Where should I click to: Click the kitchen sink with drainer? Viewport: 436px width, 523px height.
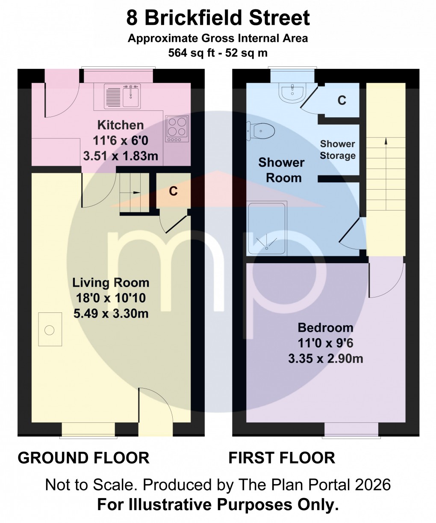tap(122, 95)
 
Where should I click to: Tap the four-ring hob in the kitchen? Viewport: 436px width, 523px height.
tap(177, 128)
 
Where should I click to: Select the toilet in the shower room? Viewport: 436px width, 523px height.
tap(260, 131)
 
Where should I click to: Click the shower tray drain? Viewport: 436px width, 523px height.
tap(267, 248)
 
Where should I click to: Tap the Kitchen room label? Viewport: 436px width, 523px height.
tap(121, 125)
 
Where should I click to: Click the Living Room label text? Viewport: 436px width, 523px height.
tap(111, 282)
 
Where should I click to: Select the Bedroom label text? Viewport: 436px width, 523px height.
tap(325, 328)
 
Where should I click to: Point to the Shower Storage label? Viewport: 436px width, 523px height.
tap(337, 149)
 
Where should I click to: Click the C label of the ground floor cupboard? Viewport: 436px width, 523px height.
tap(173, 191)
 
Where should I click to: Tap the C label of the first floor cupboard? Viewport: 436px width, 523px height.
tap(342, 101)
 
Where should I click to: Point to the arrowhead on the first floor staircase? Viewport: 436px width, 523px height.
tap(386, 141)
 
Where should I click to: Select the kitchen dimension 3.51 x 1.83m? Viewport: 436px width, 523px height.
tap(121, 156)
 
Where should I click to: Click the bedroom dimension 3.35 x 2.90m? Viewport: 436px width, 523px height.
tap(325, 358)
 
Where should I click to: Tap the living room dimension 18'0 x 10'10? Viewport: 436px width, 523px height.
tap(111, 298)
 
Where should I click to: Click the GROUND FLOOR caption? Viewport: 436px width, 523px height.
tap(83, 458)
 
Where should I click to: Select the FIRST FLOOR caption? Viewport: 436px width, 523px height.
tap(282, 458)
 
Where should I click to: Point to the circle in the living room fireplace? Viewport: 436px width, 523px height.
tap(49, 330)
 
